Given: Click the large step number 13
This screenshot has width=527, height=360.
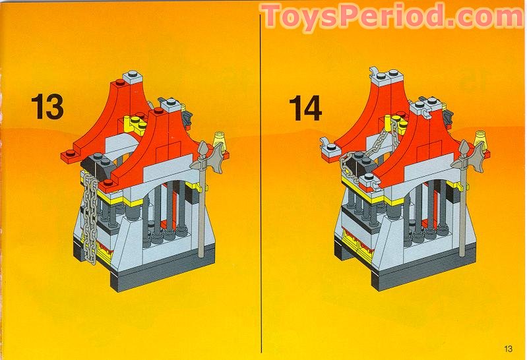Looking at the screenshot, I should pos(46,105).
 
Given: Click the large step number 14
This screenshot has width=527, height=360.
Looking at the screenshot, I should pos(305,107).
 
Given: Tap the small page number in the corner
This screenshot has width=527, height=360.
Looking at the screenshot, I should pos(507,349).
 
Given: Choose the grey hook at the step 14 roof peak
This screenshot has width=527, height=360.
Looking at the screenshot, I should pos(375,73).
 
